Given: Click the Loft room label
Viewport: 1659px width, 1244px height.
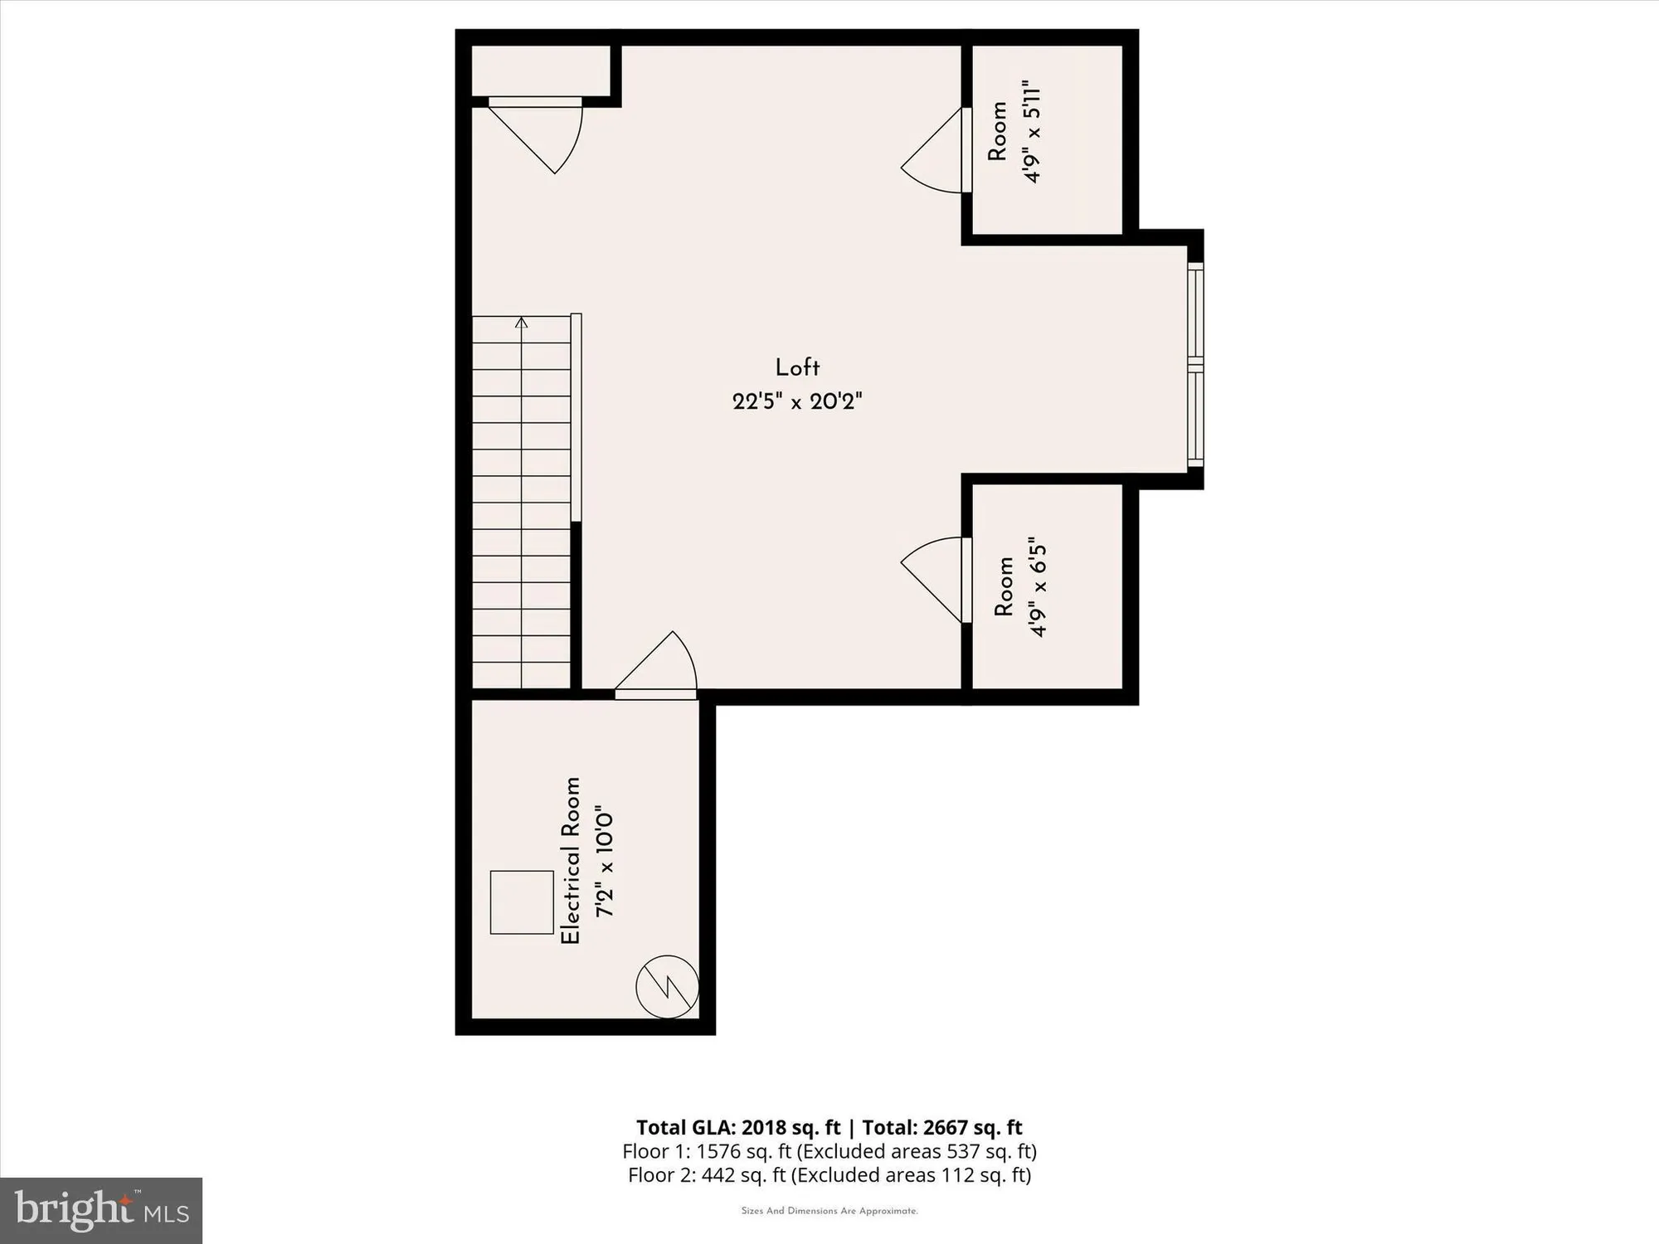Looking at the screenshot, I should click(797, 368).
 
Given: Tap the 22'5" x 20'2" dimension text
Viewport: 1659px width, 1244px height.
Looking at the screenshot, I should click(797, 402).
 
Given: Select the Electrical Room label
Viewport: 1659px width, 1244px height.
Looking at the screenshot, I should click(571, 860).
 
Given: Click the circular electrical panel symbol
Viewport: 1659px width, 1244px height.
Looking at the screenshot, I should click(667, 987).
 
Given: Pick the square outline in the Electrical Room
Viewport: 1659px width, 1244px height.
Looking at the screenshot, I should click(522, 902).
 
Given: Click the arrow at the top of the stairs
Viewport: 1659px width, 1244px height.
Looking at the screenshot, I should click(521, 323).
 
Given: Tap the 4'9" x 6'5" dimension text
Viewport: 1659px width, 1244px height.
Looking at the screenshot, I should click(1038, 590).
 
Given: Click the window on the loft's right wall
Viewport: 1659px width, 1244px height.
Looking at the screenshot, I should click(1194, 366).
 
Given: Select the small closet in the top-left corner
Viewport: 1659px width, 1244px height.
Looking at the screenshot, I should click(542, 71).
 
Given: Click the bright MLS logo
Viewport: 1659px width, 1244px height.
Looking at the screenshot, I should click(101, 1210).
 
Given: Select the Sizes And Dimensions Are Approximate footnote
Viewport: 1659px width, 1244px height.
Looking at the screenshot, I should click(829, 1211).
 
